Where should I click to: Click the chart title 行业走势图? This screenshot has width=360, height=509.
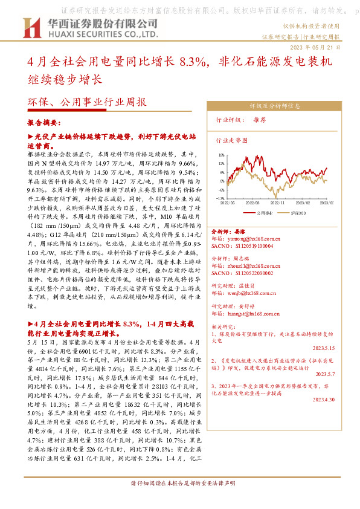coord(231,140)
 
